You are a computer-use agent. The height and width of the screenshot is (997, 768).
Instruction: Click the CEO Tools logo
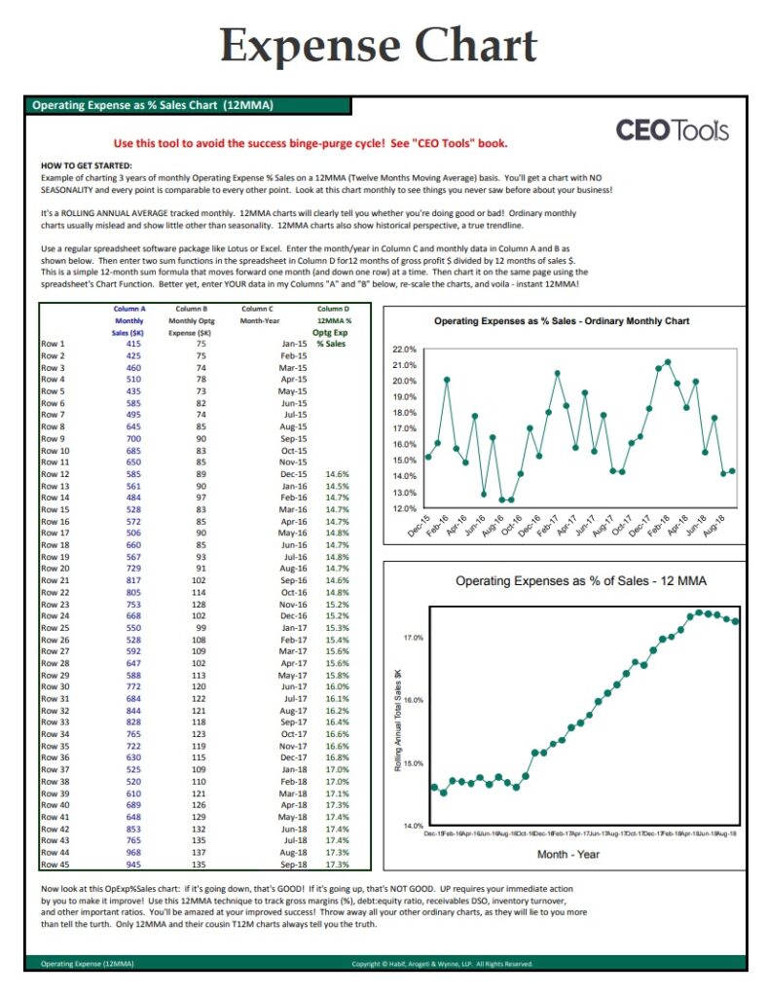tap(672, 130)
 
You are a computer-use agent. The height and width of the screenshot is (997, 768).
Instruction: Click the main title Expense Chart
tap(379, 45)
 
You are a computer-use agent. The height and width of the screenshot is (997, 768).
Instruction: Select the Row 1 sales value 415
tap(133, 344)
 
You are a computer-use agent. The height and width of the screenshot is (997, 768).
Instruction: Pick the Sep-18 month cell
tap(294, 864)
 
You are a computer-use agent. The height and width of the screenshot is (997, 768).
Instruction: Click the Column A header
tap(128, 309)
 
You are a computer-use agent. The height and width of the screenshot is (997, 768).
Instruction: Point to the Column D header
tap(334, 309)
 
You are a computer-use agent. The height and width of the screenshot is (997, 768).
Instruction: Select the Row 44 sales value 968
tap(133, 852)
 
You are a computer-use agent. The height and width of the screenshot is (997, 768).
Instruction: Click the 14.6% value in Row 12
tap(337, 474)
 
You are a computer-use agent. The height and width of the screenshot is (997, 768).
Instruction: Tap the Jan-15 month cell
tap(294, 344)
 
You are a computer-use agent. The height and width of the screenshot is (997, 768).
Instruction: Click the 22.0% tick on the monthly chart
tap(404, 349)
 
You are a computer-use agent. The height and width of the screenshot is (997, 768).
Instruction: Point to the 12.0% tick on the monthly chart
tap(404, 508)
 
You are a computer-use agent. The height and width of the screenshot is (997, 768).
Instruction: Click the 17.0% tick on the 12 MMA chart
tap(413, 638)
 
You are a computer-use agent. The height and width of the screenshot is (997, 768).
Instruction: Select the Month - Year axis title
tap(567, 854)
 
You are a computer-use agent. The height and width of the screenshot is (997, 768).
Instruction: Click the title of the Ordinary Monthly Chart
tap(561, 321)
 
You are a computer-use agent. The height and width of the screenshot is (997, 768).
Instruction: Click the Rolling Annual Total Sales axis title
tap(398, 720)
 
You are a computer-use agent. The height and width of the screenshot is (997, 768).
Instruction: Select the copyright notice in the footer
tap(442, 964)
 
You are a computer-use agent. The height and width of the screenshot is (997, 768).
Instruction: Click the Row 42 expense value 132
tap(201, 829)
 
